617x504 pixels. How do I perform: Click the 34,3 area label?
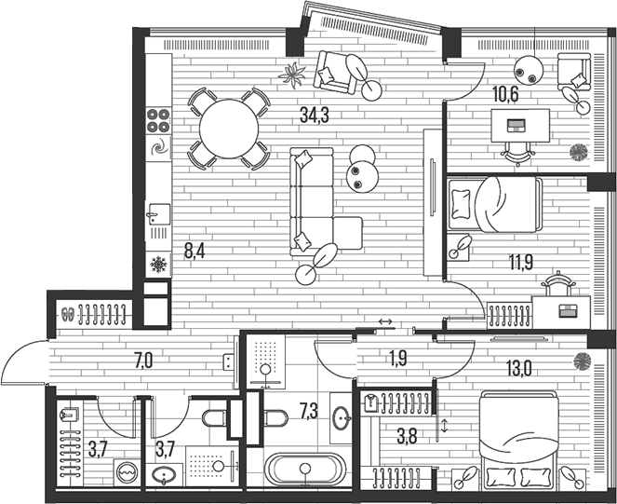coord(315,115)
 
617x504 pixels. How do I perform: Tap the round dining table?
coord(229,129)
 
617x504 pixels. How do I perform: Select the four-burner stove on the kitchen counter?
coord(158,120)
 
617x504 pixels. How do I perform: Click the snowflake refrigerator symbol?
coord(158,265)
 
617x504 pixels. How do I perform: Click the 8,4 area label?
coord(194,251)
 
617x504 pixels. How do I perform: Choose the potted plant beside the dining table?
coord(292,75)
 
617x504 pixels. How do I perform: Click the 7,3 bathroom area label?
coord(309,412)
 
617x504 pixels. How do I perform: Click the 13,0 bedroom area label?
coord(519,369)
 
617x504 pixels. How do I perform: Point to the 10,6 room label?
coord(505,95)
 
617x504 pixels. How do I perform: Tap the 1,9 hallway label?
coord(396,358)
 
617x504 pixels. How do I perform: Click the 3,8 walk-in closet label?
coord(407,437)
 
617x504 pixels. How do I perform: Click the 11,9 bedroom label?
coord(521,262)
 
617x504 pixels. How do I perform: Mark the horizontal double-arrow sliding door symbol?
coord(385,322)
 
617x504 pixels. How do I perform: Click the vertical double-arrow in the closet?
coord(445,426)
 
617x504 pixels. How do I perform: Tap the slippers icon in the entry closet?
coord(68,314)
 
